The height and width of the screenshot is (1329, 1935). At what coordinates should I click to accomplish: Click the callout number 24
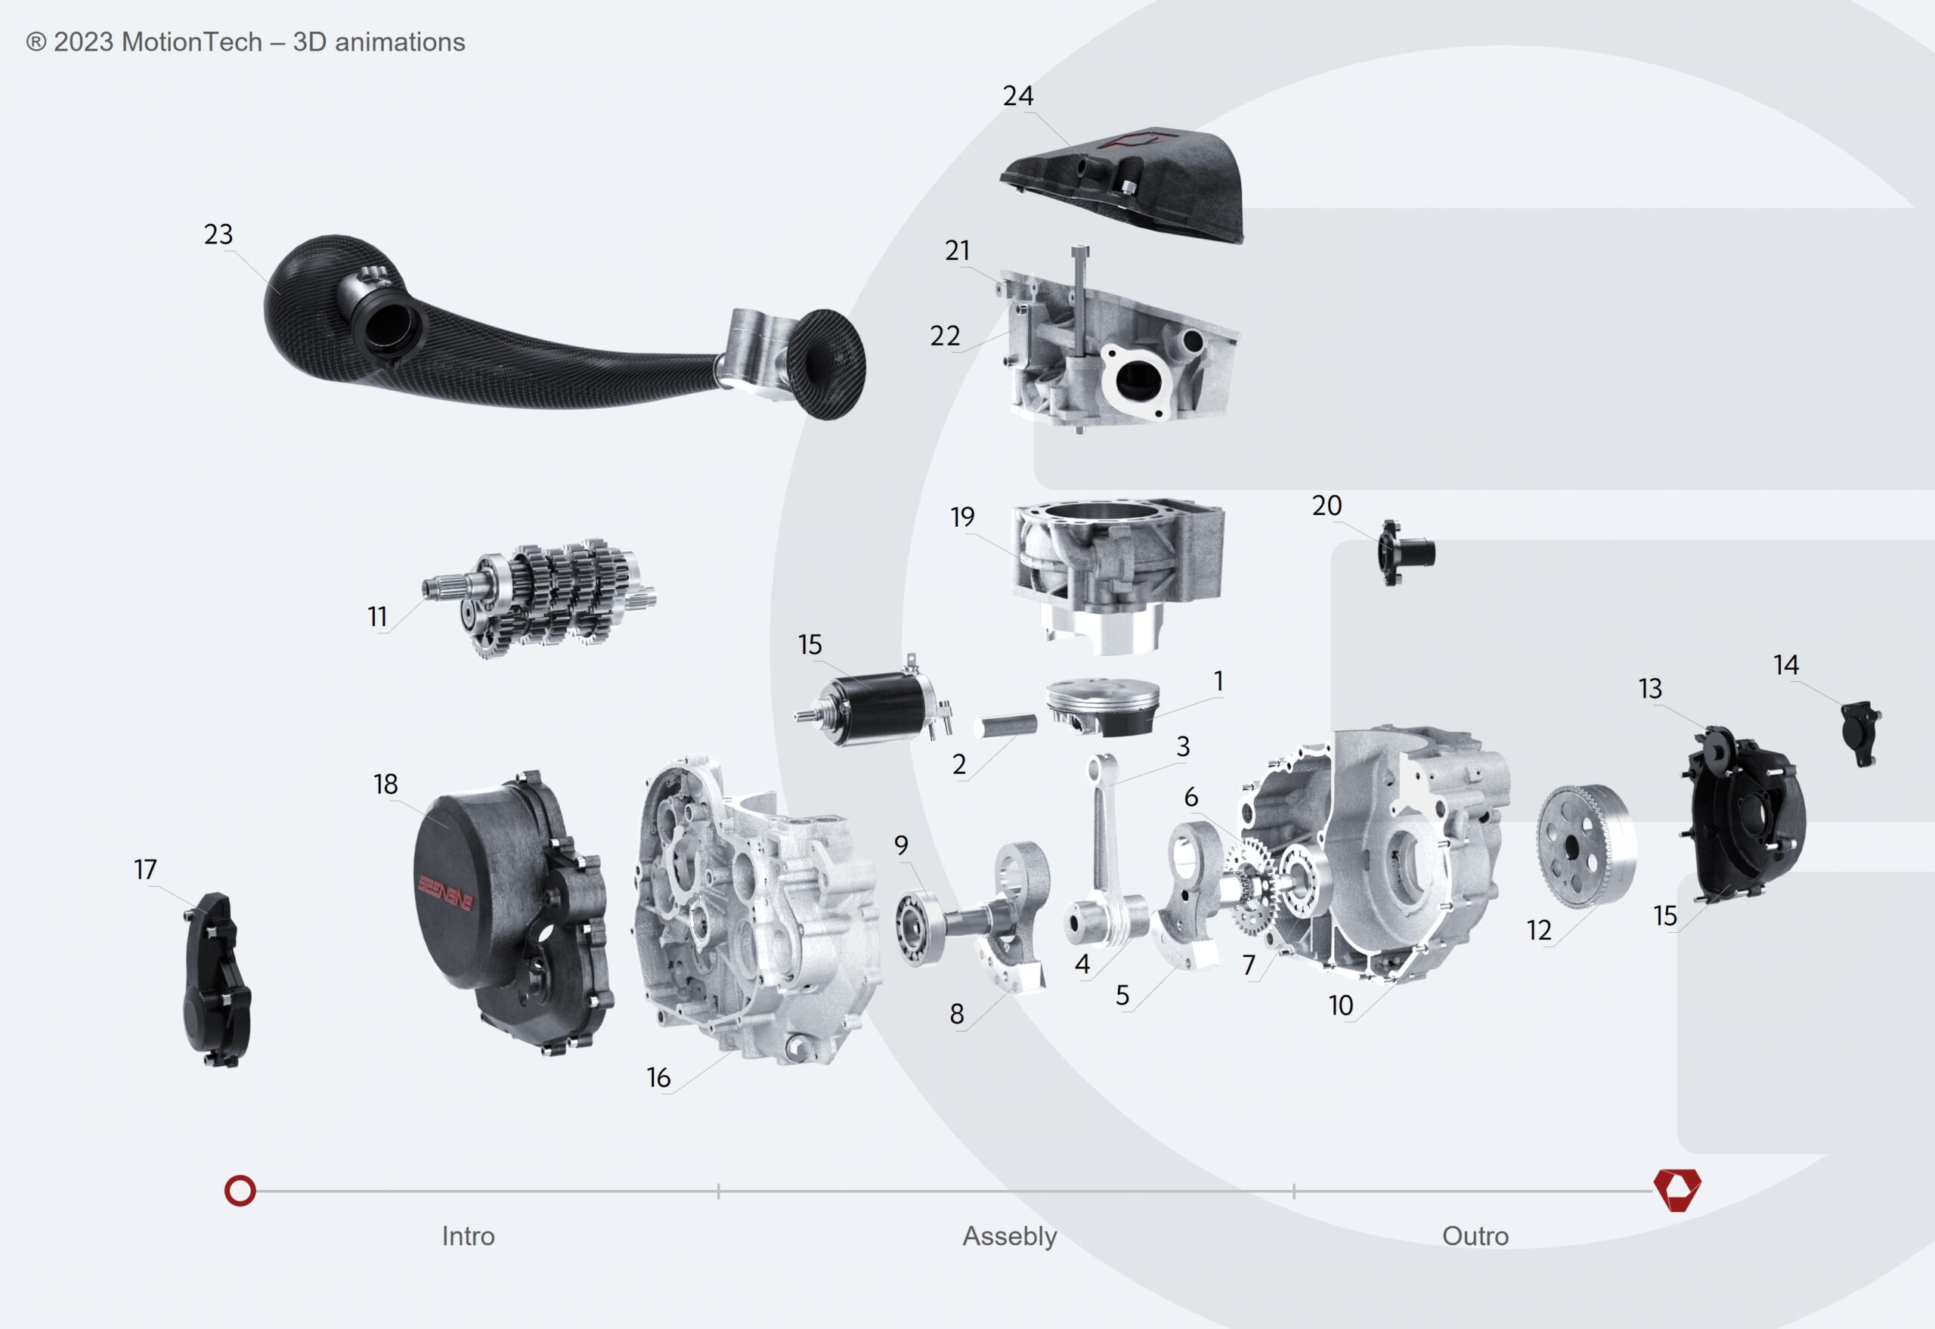coord(1017,96)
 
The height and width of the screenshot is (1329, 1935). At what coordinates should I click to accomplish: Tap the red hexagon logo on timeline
coord(1677,1190)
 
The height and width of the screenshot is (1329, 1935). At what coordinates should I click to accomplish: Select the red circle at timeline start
coord(240,1191)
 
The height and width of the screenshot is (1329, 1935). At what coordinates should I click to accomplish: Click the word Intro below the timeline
coord(468,1236)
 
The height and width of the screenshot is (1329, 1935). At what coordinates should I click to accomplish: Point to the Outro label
coord(1475,1236)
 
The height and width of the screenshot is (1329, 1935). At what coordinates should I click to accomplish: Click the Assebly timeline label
coord(1009,1236)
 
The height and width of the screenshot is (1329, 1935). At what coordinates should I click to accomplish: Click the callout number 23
coord(218,234)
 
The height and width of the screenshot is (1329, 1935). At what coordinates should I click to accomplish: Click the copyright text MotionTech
coord(245,42)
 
